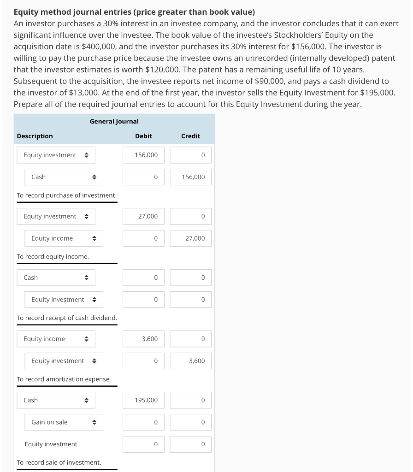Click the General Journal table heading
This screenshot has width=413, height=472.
click(x=114, y=121)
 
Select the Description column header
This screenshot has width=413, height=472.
click(x=35, y=136)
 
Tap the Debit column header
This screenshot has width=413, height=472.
click(x=143, y=136)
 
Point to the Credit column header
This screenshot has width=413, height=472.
click(x=190, y=136)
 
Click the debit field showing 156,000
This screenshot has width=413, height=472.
click(x=143, y=155)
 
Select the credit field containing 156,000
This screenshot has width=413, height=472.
click(x=190, y=177)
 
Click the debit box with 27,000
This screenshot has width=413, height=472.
click(x=143, y=216)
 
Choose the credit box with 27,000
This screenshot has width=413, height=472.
click(x=190, y=238)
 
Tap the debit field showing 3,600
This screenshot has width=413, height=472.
click(x=143, y=339)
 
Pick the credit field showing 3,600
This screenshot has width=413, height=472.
click(x=190, y=361)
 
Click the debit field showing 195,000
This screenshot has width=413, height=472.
click(x=143, y=400)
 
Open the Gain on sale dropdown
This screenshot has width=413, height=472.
click(x=64, y=422)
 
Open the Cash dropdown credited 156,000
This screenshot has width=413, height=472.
click(x=64, y=177)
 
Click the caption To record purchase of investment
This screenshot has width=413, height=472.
click(x=66, y=195)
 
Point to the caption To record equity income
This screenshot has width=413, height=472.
click(x=53, y=257)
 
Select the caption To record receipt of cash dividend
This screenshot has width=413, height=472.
click(x=67, y=318)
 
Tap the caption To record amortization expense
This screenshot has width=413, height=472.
click(x=64, y=379)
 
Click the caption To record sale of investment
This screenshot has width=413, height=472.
click(x=59, y=462)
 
